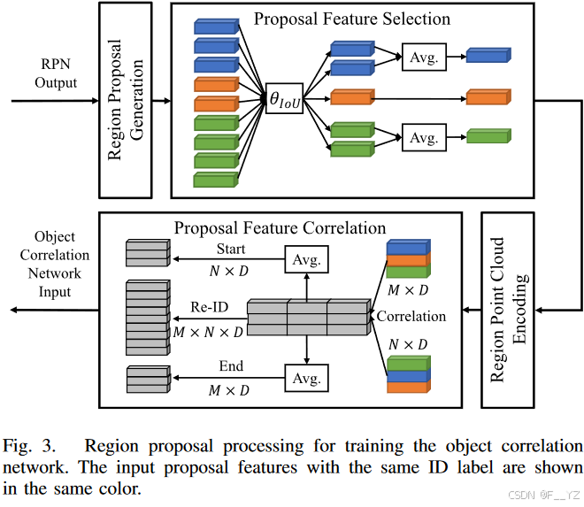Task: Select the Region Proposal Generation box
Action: coord(127,100)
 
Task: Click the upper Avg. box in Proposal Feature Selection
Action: coord(424,58)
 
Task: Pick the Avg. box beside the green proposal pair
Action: coord(424,137)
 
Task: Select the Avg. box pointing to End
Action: coord(306,378)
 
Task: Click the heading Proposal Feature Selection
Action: coord(352,19)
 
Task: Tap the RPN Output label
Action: coord(56,73)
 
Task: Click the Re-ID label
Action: coord(209,306)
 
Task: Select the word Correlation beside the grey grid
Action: coord(411,316)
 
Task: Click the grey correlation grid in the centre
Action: coord(306,317)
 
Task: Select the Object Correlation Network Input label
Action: coord(55,265)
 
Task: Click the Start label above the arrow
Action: coord(231,249)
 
